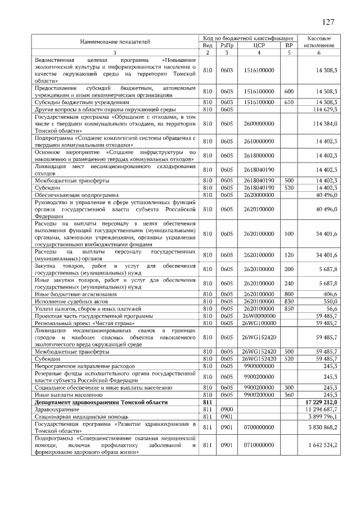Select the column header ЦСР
(259, 45)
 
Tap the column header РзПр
(227, 45)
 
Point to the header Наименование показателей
(115, 42)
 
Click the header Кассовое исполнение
(319, 42)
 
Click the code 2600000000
(259, 123)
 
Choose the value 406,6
(327, 294)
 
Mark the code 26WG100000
(259, 323)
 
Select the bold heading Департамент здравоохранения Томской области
(101, 403)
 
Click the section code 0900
(227, 410)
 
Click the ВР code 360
(289, 395)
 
